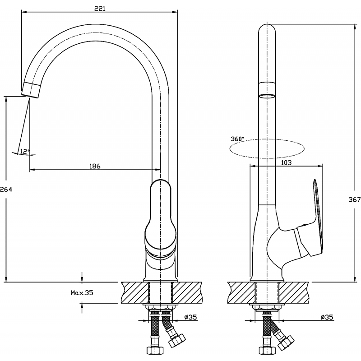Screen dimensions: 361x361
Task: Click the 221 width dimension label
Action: point(100,8)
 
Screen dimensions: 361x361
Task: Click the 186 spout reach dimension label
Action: point(95,166)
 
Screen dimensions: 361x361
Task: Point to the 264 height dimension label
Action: point(6,190)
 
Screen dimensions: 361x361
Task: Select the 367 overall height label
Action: point(355,199)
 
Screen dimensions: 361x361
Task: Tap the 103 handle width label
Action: point(286,163)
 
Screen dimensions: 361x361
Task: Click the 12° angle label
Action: point(25,151)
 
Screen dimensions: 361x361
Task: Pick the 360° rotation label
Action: point(237,139)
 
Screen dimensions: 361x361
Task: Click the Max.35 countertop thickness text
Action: point(82,293)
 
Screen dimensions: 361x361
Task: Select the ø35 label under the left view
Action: point(190,317)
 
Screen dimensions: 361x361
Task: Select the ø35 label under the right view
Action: point(327,317)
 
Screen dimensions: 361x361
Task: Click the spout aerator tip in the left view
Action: point(31,90)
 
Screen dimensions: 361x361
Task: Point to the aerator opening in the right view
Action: point(267,96)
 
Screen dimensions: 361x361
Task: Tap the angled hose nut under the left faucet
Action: point(177,340)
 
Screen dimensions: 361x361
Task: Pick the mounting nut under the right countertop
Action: point(267,308)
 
